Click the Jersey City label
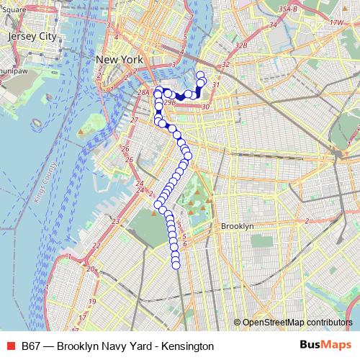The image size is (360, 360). pos(30,35)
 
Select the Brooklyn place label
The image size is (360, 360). pos(238,226)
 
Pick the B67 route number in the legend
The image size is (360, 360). pos(31,346)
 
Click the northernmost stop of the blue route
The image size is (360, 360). pos(200,75)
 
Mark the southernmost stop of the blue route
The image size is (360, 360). pos(176,265)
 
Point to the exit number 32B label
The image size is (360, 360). pos(241,45)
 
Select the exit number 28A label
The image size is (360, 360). pos(143,92)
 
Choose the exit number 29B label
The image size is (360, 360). pos(168,103)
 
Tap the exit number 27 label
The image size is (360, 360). pos(134,120)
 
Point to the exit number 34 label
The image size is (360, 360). pos(272,26)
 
